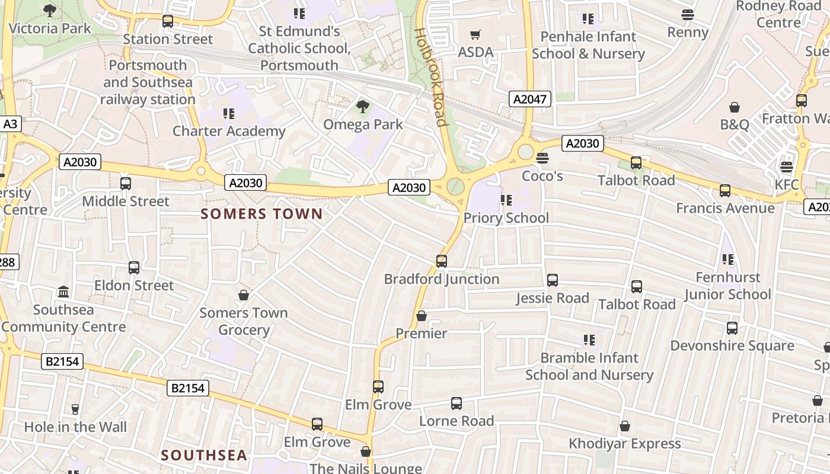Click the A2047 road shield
click(x=529, y=99)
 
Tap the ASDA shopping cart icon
click(x=475, y=34)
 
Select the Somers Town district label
click(x=261, y=214)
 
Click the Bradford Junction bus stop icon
click(x=441, y=261)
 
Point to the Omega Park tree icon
click(x=362, y=107)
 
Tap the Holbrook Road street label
click(x=431, y=77)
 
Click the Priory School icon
click(x=506, y=200)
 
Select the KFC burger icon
click(x=787, y=167)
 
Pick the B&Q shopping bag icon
click(x=735, y=107)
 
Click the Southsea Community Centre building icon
click(x=63, y=292)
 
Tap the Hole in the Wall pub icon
click(x=75, y=409)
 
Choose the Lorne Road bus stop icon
click(x=456, y=403)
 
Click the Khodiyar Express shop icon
click(x=624, y=426)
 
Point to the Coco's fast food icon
click(x=542, y=158)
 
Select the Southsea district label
click(x=204, y=455)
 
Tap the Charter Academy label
click(x=229, y=131)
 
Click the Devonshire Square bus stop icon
click(x=732, y=328)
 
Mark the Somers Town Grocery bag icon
click(x=243, y=294)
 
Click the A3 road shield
click(x=10, y=124)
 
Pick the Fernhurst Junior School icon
click(x=727, y=260)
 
